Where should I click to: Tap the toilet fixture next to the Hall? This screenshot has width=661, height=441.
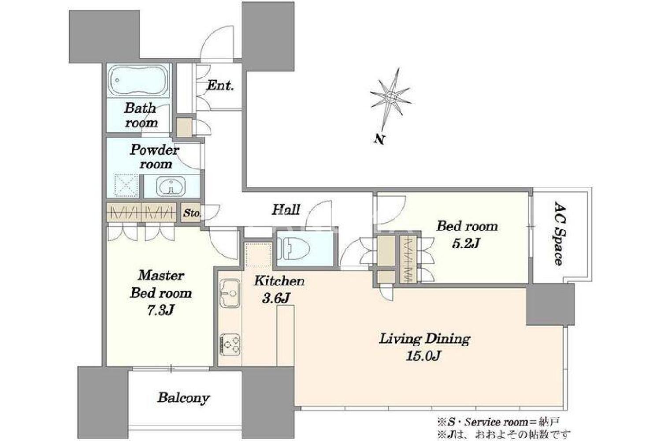[x=293, y=248]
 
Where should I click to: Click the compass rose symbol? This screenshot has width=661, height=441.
[x=390, y=97]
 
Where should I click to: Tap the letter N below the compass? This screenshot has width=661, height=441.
[x=380, y=139]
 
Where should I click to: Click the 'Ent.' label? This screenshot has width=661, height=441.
[x=220, y=86]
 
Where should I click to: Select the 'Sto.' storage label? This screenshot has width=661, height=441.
[x=192, y=213]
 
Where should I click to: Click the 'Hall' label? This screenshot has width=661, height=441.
[x=286, y=210]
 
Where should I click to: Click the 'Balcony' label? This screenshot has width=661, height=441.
[x=183, y=398]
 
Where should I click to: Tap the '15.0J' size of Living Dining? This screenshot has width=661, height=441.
[x=423, y=356]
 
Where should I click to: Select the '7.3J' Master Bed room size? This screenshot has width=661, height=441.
[x=160, y=310]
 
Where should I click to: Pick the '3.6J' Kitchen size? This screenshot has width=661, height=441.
[x=275, y=298]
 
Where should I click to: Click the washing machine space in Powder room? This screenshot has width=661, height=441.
[x=126, y=186]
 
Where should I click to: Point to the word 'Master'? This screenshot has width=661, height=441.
[x=161, y=275]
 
